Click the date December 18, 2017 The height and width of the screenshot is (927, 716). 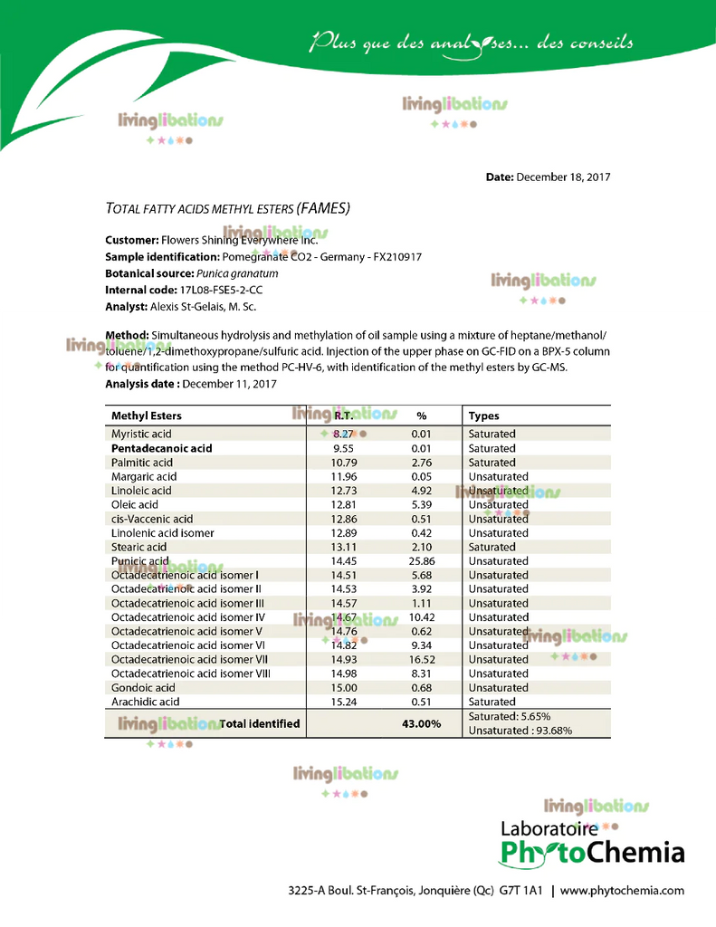[x=563, y=177]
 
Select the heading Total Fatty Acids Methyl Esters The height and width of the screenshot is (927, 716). [x=227, y=209]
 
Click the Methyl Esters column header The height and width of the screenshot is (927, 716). [x=146, y=416]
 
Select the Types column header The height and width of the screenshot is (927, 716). [x=483, y=416]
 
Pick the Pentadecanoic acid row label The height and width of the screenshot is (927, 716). [x=161, y=448]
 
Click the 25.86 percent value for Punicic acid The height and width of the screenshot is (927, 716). [x=422, y=561]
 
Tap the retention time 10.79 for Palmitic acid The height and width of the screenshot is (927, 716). [x=342, y=463]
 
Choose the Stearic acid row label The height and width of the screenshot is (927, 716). [x=138, y=547]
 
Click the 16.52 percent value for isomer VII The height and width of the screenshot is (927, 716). [x=422, y=660]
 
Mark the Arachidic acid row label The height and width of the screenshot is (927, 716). [x=145, y=702]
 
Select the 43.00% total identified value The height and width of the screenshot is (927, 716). [x=421, y=724]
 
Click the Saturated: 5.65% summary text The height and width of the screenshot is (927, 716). [x=510, y=716]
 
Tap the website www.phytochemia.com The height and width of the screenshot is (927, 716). [x=622, y=891]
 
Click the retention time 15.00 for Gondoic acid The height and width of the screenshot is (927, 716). [x=342, y=688]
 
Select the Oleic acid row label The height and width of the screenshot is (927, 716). [x=134, y=504]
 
